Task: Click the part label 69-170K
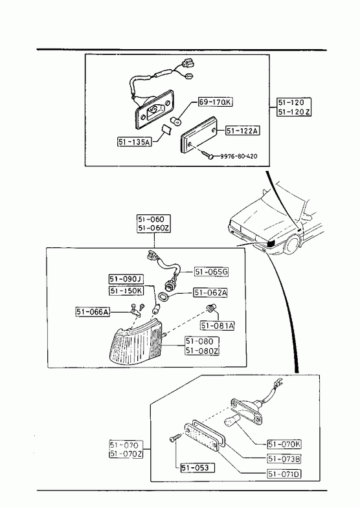[216, 102]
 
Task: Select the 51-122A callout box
[242, 131]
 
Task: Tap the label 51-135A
[135, 142]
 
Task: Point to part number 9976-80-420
[239, 156]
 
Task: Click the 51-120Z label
[294, 112]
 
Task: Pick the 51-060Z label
[153, 228]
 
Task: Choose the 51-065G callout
[211, 272]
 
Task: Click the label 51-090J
[126, 279]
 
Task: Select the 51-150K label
[126, 291]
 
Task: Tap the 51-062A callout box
[210, 293]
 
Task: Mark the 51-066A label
[93, 312]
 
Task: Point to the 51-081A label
[217, 326]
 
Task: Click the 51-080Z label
[202, 351]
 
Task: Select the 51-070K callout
[284, 444]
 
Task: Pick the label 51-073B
[284, 459]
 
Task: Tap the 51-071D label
[284, 474]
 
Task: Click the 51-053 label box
[197, 467]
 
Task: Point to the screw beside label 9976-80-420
[207, 155]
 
